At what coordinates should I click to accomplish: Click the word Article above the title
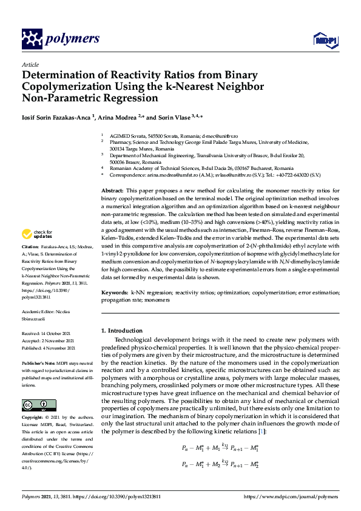tap(30, 65)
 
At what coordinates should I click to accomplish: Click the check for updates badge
tap(37, 234)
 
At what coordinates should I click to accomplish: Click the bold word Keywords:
tap(115, 293)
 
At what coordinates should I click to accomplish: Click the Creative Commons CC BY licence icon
tap(39, 405)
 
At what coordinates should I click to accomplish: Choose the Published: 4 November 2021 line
tap(49, 348)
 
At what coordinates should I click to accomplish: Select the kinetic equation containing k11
tap(221, 448)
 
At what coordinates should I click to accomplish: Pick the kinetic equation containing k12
tap(221, 464)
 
